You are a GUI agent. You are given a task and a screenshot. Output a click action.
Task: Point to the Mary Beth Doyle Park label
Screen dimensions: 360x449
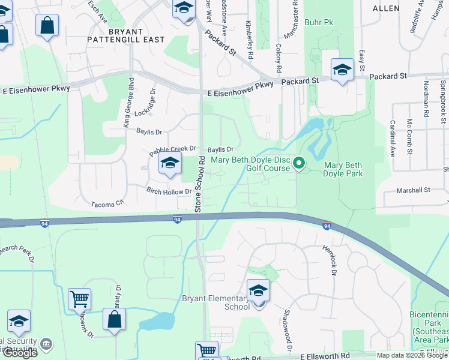pos(343,169)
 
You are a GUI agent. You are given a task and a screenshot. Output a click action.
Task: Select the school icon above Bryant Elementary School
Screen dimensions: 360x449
pos(259,292)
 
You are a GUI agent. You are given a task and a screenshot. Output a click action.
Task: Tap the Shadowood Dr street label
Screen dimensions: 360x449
pos(288,330)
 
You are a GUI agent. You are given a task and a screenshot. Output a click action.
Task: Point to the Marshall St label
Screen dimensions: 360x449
pos(414,190)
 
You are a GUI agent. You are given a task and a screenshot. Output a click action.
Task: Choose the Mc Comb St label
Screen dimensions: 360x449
pos(409,136)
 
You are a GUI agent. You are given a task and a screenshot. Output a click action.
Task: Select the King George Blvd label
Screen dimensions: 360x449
pos(127,102)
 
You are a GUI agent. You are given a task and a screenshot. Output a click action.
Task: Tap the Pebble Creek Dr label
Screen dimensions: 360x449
pos(173,148)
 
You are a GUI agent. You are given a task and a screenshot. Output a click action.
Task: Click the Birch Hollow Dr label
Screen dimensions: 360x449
pos(169,191)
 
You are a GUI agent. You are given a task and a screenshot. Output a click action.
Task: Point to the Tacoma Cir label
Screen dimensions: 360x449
pos(107,204)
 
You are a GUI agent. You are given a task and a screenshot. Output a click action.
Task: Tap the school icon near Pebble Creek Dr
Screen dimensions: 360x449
pos(170,163)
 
